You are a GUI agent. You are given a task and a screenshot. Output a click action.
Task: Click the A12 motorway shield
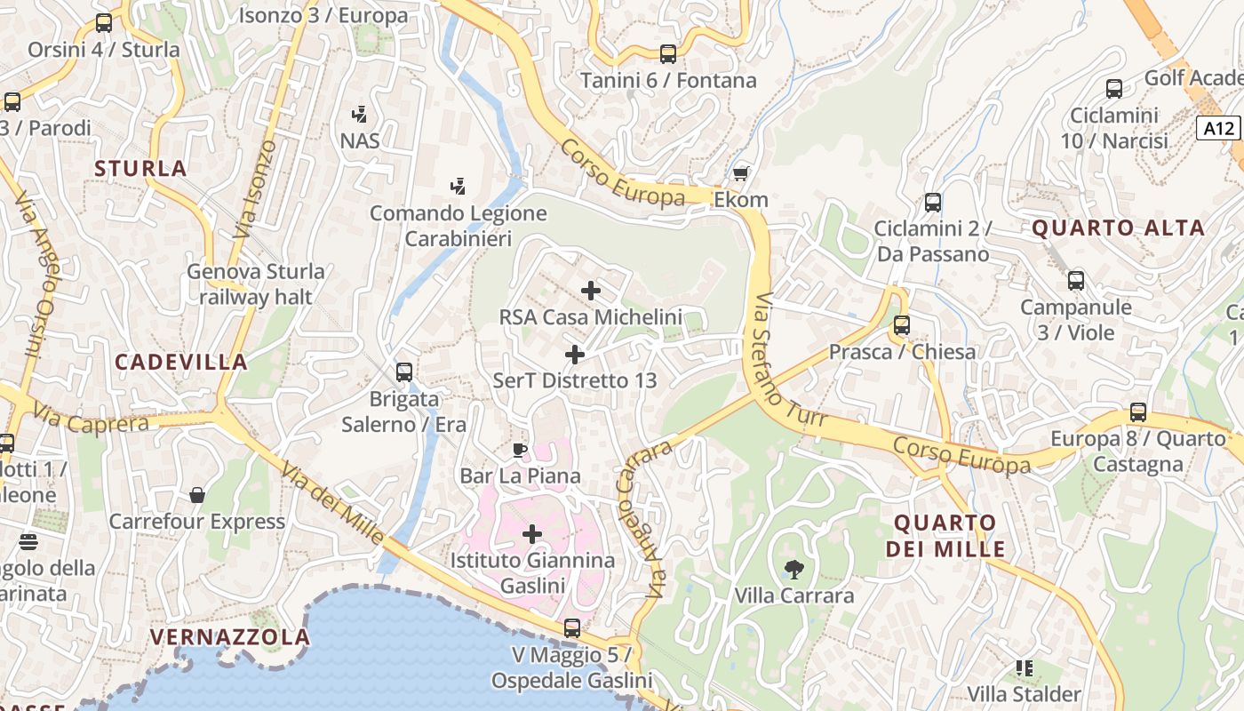[1218, 128]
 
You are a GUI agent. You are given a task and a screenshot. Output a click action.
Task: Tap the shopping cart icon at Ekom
[740, 173]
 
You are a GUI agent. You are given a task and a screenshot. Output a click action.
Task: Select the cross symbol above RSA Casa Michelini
[590, 291]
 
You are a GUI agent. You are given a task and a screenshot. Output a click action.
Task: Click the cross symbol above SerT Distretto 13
[575, 355]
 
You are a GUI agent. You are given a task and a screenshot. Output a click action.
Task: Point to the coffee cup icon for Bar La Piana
[520, 450]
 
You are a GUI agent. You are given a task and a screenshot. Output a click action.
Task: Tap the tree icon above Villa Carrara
[793, 569]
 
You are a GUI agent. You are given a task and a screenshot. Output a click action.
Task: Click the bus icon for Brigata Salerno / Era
[404, 372]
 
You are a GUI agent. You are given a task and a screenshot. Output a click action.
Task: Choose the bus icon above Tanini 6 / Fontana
[668, 54]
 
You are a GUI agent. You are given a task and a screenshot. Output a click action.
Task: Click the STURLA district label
[140, 168]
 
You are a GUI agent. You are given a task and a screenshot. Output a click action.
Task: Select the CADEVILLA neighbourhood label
[181, 362]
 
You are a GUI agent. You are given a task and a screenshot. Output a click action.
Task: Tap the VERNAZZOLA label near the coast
[230, 636]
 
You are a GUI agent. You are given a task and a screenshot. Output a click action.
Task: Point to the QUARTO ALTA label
[1118, 228]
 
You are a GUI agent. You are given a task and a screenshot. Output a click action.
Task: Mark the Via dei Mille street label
[333, 502]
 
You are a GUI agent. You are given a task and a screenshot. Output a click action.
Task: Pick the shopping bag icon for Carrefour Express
[197, 495]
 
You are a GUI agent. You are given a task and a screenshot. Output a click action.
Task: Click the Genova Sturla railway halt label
[256, 284]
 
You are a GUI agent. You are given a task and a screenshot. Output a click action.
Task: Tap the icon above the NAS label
[360, 114]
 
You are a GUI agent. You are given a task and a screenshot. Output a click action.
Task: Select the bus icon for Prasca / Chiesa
[902, 325]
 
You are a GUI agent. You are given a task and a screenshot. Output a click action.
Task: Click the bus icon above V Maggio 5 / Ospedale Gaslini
[572, 628]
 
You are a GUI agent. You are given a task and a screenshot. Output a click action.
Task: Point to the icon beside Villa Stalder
[1024, 667]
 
